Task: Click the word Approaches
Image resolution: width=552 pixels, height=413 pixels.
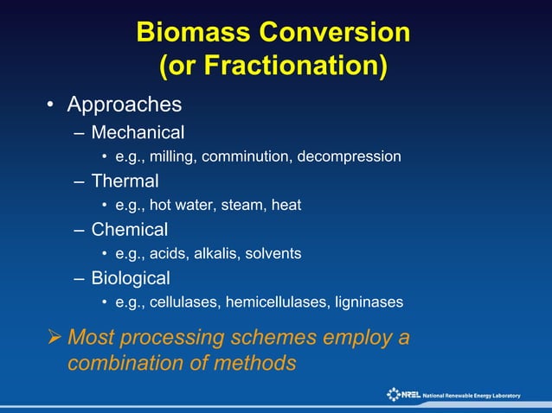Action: pos(125,105)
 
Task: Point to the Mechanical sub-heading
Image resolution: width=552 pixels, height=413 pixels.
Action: pos(138,133)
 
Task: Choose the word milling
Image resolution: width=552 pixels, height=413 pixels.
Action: pos(177,157)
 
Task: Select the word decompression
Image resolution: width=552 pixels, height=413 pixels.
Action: pos(351,157)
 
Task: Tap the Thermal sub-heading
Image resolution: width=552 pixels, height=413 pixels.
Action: pos(125,181)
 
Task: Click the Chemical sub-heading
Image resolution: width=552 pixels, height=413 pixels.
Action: pos(130,230)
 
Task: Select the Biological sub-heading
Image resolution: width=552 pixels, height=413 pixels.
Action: pos(131,278)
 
